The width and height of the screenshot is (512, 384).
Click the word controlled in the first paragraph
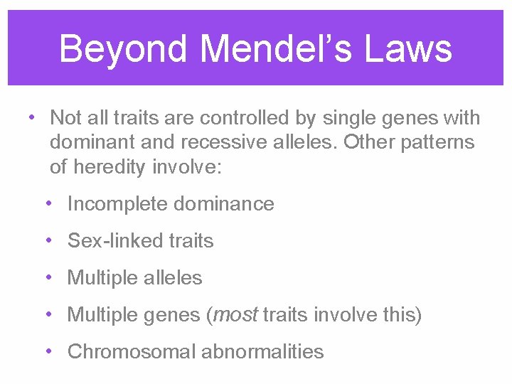(x=260, y=117)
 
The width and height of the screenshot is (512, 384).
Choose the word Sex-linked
(x=105, y=241)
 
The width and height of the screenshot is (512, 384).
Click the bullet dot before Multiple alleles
(x=47, y=278)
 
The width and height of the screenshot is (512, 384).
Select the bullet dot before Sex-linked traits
(x=47, y=241)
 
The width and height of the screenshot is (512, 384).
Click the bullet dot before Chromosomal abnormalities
(x=47, y=351)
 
